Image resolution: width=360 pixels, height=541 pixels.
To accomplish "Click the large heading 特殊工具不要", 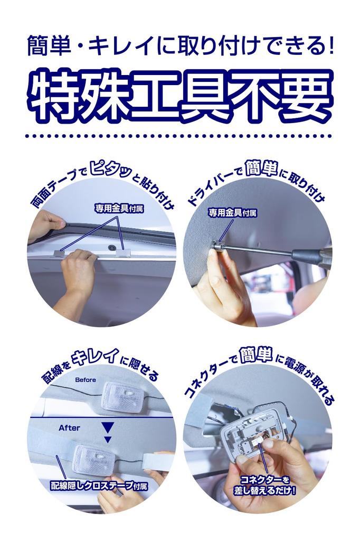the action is pos(180,96).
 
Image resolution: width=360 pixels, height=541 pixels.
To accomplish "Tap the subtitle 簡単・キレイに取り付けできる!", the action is pos(181,46).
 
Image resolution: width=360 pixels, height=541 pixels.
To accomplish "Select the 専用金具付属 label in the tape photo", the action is pos(119,208).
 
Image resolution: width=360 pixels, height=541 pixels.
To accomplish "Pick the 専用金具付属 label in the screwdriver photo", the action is pos(232,212).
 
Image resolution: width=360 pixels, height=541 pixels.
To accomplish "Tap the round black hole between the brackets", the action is pos(112,248).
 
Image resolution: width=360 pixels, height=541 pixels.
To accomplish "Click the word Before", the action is pos(86,379).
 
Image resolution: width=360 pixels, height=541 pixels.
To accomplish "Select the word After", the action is pos(69,428).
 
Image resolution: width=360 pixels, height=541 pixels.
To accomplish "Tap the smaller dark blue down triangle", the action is pos(108,440).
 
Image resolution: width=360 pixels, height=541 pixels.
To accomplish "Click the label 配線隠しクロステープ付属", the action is pos(99,486).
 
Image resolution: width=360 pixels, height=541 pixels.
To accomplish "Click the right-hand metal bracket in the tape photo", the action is pos(124,253).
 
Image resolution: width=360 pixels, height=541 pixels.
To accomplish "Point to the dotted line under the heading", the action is pos(178,136).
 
